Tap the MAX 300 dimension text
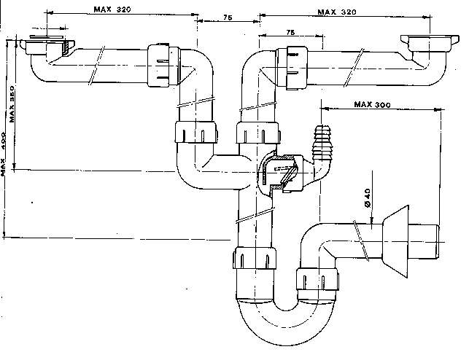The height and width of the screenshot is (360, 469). [x=372, y=104]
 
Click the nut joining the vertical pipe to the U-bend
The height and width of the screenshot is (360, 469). [x=256, y=259]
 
